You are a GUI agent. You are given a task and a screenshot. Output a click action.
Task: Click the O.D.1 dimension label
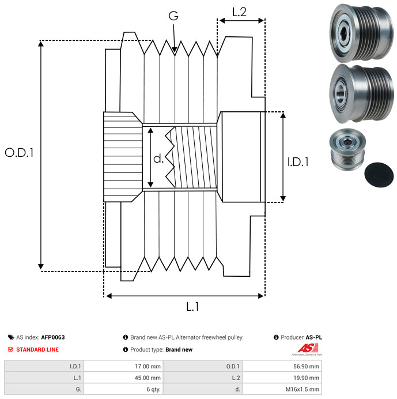coord(20,153)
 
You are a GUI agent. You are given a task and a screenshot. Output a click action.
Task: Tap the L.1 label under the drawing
coord(192,307)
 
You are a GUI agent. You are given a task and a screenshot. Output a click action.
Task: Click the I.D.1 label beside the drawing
coord(298,162)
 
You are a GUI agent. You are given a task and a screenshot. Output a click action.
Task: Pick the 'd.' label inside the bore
coord(158,158)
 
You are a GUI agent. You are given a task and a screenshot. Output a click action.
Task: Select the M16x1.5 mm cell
coord(303,389)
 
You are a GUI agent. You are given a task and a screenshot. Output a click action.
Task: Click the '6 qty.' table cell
coord(153,389)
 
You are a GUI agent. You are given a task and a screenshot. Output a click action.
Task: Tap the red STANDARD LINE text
coord(37,349)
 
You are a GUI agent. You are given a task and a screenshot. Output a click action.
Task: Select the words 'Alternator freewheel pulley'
coord(207,337)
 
